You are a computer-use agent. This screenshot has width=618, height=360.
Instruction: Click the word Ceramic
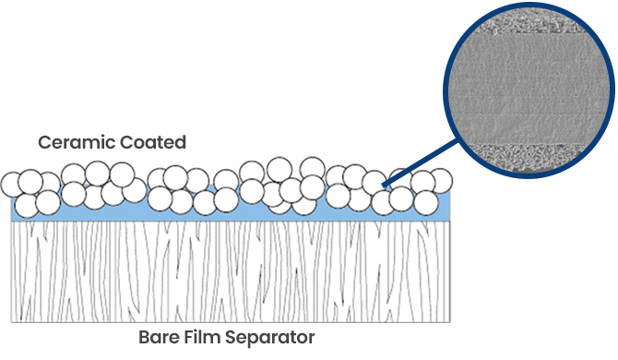click(x=77, y=142)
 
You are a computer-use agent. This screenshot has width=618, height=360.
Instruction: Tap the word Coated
click(x=152, y=142)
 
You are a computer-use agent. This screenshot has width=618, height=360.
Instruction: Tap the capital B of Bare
click(x=144, y=338)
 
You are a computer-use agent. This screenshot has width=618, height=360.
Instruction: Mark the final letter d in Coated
click(x=181, y=142)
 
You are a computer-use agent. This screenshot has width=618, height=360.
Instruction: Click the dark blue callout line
click(x=422, y=162)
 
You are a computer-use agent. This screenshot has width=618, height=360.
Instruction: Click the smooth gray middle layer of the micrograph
click(x=529, y=89)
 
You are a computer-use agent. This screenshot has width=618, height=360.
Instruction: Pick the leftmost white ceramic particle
click(x=13, y=184)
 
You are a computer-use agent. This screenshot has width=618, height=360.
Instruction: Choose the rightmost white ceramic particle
click(x=440, y=181)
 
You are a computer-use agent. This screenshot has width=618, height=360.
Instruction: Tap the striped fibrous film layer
click(x=231, y=271)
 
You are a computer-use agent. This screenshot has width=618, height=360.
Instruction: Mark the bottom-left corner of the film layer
click(x=11, y=322)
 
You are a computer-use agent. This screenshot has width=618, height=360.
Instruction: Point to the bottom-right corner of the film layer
click(x=450, y=322)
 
